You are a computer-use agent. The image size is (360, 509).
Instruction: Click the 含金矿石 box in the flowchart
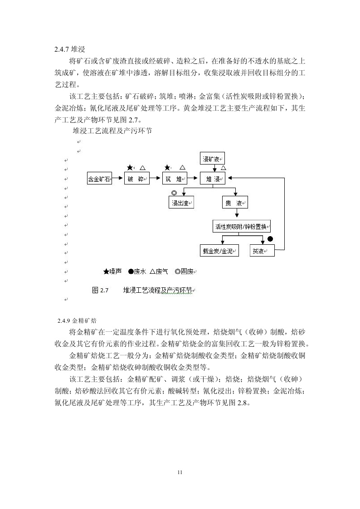click(x=99, y=179)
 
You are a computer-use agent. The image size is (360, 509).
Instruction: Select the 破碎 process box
click(x=136, y=179)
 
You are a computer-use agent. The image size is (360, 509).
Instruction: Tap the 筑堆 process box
click(x=175, y=179)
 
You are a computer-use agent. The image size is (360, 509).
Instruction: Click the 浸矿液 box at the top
click(x=212, y=159)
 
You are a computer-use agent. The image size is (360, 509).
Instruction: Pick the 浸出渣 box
click(x=181, y=203)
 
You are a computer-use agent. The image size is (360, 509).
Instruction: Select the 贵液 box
click(x=235, y=203)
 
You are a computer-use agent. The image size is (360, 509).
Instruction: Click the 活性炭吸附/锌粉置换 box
click(x=242, y=226)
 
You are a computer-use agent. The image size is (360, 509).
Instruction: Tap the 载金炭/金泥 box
click(x=219, y=251)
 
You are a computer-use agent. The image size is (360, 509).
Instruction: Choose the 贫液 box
click(x=262, y=251)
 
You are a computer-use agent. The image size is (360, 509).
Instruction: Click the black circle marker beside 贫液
click(x=270, y=239)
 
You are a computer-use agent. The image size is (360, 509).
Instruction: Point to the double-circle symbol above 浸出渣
click(x=174, y=193)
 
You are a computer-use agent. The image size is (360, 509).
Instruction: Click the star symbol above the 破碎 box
click(x=130, y=167)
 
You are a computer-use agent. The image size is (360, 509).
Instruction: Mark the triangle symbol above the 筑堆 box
click(x=183, y=167)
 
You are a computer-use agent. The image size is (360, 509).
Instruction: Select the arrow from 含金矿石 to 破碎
click(x=118, y=179)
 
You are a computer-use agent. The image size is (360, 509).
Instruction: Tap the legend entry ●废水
click(x=136, y=271)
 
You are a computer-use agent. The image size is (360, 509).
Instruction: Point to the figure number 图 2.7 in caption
click(x=100, y=290)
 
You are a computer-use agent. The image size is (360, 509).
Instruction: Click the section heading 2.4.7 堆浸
click(x=70, y=48)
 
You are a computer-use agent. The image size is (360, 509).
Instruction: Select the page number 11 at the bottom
click(x=180, y=473)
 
